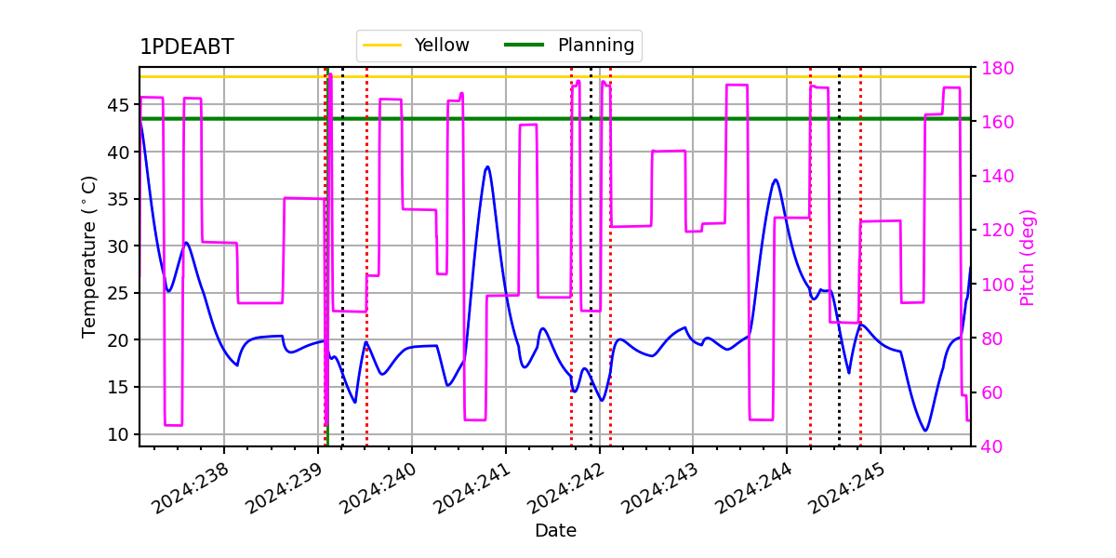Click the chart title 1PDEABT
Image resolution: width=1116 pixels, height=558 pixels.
tap(187, 46)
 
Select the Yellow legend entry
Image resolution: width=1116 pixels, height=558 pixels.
tap(416, 46)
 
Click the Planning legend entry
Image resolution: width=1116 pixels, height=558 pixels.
tap(569, 46)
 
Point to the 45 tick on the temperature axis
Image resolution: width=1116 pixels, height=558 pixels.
tap(117, 105)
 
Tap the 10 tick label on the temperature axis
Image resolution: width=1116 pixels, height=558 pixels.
tap(117, 434)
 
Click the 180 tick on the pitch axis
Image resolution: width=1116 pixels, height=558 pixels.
tap(997, 68)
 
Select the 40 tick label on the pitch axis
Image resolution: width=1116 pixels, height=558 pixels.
tap(992, 446)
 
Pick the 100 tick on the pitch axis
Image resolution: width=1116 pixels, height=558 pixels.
tap(997, 285)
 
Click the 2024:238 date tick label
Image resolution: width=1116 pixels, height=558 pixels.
tap(190, 488)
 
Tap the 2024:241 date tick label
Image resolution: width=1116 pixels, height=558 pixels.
tap(472, 488)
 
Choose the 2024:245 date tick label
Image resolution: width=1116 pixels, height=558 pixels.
tap(846, 488)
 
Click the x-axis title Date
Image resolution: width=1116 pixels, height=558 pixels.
tap(555, 531)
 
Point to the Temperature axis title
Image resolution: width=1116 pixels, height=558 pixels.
tap(88, 257)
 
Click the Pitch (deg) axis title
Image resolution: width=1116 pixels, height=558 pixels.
tap(1028, 258)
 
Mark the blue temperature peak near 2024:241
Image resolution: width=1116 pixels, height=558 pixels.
tap(487, 166)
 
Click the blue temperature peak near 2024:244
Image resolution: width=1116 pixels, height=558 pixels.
tap(776, 179)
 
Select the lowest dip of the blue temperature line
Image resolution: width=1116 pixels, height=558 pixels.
tap(925, 431)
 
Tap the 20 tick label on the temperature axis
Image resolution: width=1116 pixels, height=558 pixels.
tap(117, 340)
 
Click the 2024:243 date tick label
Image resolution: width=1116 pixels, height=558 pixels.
tap(659, 488)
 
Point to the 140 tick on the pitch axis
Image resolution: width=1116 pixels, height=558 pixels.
tap(997, 177)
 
